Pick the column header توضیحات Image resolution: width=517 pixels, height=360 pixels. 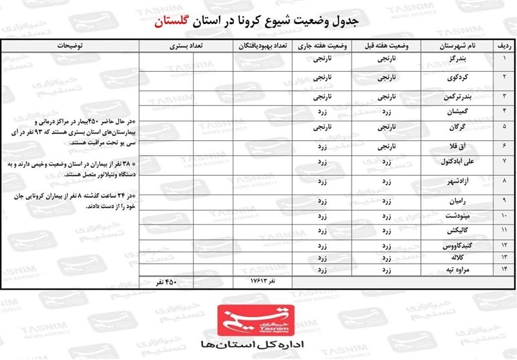point(71,47)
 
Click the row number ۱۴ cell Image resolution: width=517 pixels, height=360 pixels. point(504,268)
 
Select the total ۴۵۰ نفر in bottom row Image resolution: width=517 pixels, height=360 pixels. point(165,282)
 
